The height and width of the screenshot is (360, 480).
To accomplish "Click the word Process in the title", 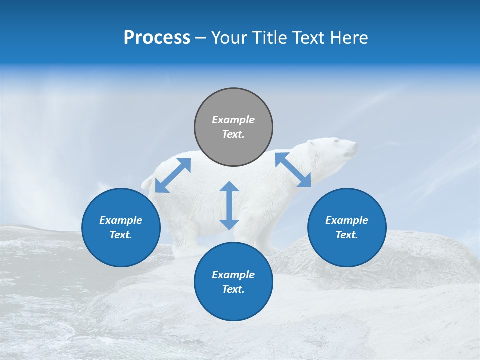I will [157, 38].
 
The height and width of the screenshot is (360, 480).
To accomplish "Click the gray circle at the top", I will [233, 127].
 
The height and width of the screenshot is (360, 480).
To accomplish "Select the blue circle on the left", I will [121, 227].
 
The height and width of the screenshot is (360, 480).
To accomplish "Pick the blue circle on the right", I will [347, 227].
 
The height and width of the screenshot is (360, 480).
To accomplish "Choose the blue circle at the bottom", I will [233, 282].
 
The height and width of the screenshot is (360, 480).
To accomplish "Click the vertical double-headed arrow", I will [229, 205].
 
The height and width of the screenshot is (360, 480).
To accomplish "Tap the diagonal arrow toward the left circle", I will [173, 175].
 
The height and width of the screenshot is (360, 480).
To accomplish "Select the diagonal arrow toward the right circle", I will [293, 170].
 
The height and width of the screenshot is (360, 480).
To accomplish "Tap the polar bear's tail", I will [146, 183].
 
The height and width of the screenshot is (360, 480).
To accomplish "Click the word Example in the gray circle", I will [233, 120].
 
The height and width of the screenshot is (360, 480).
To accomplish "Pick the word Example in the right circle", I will [347, 220].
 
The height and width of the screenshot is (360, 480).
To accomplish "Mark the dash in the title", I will [201, 38].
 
